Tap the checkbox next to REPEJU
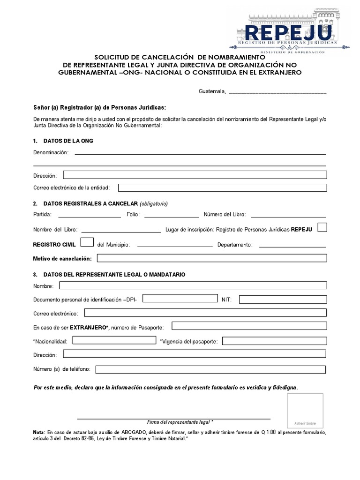point(322,228)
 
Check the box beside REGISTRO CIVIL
point(87,243)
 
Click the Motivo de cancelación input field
point(211,258)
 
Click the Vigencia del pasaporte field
point(274,341)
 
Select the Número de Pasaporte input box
point(249,326)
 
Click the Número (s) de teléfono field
point(211,369)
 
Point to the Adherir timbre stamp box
point(305,411)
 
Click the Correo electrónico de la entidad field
point(222,187)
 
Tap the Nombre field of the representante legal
point(193,285)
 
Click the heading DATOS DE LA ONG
point(68,141)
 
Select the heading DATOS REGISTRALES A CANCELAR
point(90,204)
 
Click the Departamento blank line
point(292,245)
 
